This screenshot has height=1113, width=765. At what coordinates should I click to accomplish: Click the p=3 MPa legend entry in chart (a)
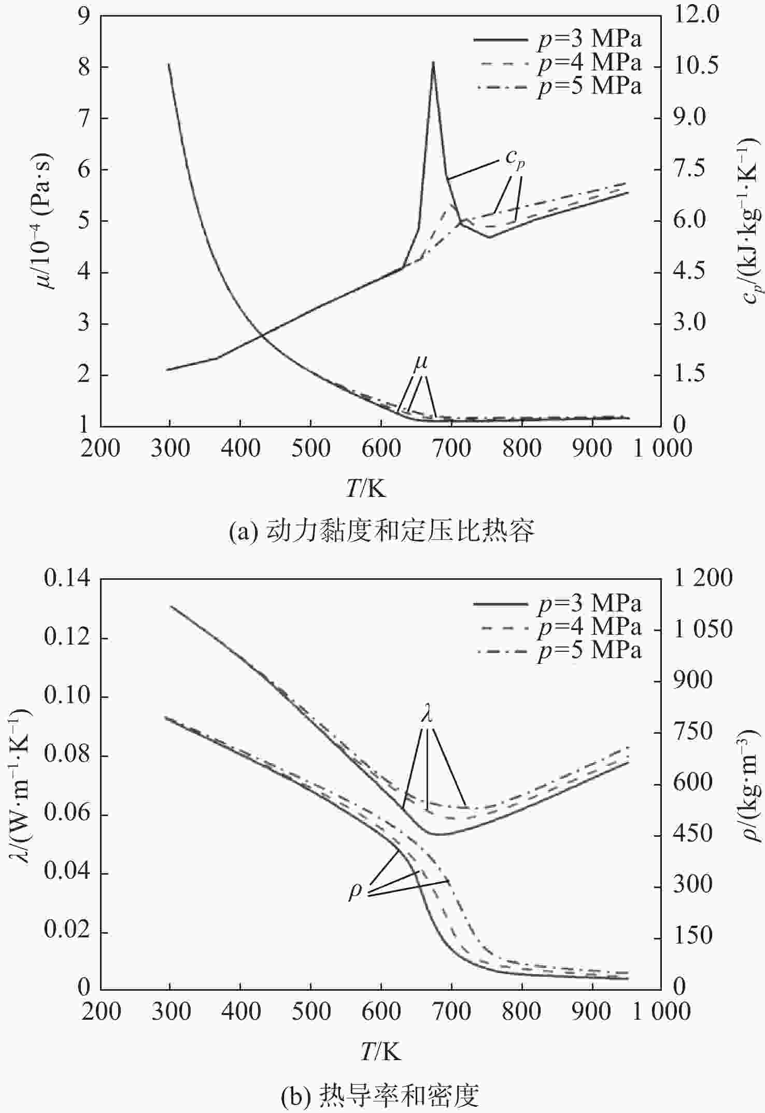coord(558,39)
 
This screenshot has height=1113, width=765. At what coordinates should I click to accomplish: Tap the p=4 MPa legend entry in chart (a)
coord(558,63)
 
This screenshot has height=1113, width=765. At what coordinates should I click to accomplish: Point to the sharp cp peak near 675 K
coord(433,63)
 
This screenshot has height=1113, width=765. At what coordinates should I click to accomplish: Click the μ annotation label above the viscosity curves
coord(421,364)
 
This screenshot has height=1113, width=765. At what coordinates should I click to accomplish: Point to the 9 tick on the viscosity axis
coord(84,16)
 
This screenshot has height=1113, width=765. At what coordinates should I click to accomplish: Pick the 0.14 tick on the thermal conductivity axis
coord(67,578)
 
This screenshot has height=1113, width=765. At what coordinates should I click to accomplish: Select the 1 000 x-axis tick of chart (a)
coord(662,449)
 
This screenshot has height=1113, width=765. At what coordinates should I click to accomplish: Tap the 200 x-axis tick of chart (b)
coord(101,1011)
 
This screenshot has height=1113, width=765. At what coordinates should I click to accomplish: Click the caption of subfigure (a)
coord(381,531)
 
